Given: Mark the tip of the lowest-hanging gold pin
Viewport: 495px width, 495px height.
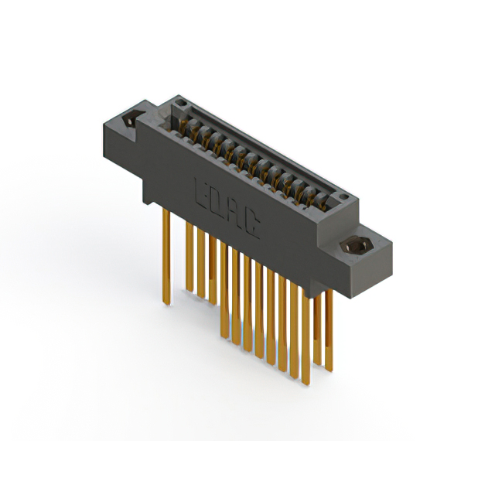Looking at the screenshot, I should pyautogui.click(x=295, y=377).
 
